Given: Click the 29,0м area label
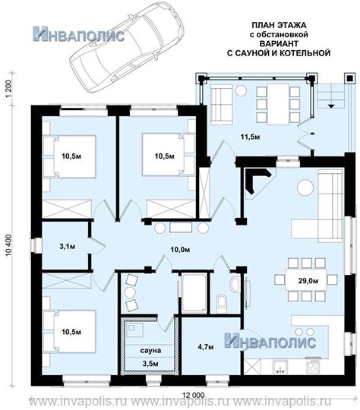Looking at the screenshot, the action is point(308,281).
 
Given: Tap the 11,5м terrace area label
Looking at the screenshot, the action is point(250,137).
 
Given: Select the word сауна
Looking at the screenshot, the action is point(150,351).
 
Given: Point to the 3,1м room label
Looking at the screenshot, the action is point(68,246).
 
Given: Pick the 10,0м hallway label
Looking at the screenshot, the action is point(180,250).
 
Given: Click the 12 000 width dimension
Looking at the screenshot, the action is point(193,395).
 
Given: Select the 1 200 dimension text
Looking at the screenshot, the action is point(8,90).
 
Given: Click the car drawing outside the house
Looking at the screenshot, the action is point(127,47).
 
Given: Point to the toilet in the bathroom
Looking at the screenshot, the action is point(222,304).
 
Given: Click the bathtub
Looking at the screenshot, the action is point(194,293).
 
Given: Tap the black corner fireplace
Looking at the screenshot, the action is point(257,180).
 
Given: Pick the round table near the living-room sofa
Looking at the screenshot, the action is point(305,188).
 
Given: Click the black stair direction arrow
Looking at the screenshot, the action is point(331,106).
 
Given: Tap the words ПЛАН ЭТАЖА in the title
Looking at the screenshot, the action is point(279,25).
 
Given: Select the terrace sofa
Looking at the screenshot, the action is point(221,103).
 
